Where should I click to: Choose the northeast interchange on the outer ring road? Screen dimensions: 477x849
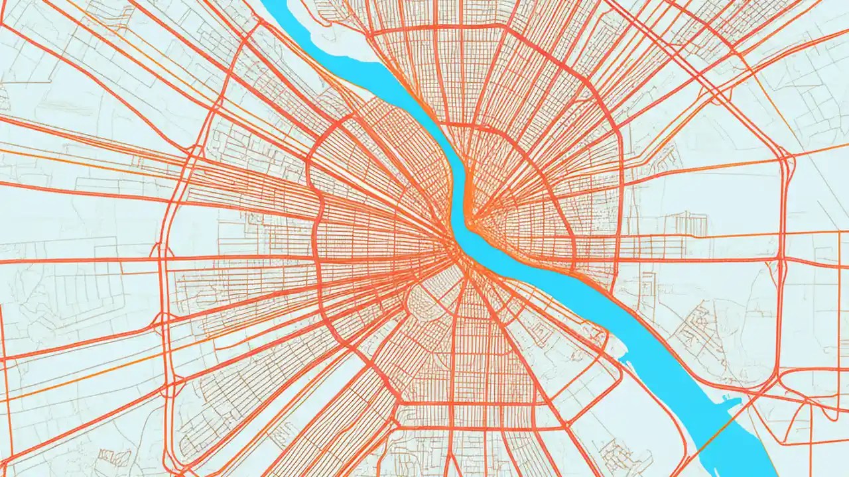tap(786, 159)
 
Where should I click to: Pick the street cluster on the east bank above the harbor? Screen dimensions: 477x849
tap(696, 331)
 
